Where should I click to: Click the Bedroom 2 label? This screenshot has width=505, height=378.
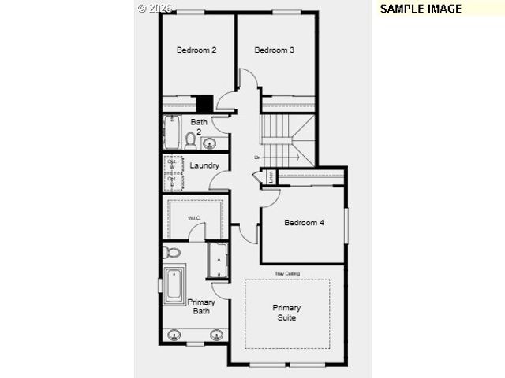point(196,50)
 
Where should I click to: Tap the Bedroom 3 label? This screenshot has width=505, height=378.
point(274,50)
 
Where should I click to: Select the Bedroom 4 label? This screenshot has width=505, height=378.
point(304,223)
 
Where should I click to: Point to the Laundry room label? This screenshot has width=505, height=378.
point(204,165)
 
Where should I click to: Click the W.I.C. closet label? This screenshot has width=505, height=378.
point(194,217)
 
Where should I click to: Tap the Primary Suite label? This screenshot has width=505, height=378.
point(286,313)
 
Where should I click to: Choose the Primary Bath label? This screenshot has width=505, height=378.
point(201,306)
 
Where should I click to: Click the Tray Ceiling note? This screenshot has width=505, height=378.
point(286,273)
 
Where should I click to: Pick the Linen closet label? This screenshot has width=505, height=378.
point(271,176)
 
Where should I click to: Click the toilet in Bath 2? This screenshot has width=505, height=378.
point(191,141)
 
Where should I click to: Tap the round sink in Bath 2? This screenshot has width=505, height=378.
point(210,143)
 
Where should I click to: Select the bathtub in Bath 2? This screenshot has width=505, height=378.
point(172,133)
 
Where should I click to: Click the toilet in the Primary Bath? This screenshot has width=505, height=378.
point(172,253)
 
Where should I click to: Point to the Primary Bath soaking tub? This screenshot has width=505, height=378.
point(174,287)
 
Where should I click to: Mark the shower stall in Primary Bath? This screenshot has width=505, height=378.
point(217,261)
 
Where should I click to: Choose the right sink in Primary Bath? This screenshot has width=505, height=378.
point(215,334)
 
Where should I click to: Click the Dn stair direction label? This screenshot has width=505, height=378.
point(257,157)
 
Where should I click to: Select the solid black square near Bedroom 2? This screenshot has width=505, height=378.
point(204,103)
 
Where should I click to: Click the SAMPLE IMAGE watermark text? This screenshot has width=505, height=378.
point(421,9)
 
